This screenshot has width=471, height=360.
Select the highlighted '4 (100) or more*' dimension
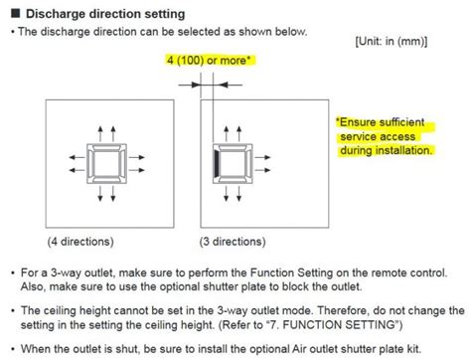[x=210, y=61]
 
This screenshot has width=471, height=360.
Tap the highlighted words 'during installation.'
[x=386, y=151]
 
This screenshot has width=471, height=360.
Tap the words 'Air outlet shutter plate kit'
[x=360, y=347]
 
